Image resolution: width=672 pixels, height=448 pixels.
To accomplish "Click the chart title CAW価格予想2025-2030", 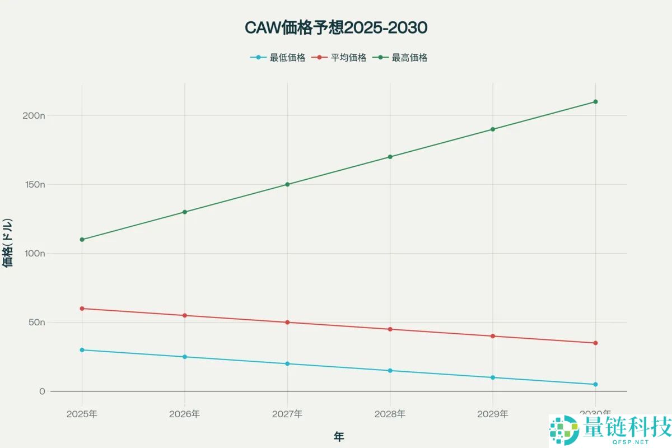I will pos(336,27).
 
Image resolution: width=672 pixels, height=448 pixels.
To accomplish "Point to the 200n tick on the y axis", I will pos(34,115).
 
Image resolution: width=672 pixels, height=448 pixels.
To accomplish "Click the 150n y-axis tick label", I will pos(34,184).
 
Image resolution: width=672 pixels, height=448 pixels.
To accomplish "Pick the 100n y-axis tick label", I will pos(34,253).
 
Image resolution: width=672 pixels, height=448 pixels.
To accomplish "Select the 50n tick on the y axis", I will pos(36,323).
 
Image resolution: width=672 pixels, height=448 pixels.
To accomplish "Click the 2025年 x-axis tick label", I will pos(82,414).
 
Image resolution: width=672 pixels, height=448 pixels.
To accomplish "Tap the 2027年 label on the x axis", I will pos(287,414).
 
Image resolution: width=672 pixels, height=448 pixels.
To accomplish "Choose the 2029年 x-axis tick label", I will pos(493,414).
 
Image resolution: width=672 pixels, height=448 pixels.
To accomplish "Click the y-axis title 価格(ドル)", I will pos(8,242).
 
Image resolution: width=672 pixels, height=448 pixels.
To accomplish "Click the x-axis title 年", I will pos(339,437).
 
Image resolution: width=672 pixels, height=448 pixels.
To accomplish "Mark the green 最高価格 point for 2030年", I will pos(595,102).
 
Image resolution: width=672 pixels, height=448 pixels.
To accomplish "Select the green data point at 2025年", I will pos(82,240).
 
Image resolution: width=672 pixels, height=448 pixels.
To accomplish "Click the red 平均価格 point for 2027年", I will pos(287,323).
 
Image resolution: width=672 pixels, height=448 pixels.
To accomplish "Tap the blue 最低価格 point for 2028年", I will pos(390,371).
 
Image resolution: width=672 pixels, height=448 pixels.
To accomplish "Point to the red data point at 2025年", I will pos(82,309).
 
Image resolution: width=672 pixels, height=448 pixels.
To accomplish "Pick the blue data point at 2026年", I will pos(185,357).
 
